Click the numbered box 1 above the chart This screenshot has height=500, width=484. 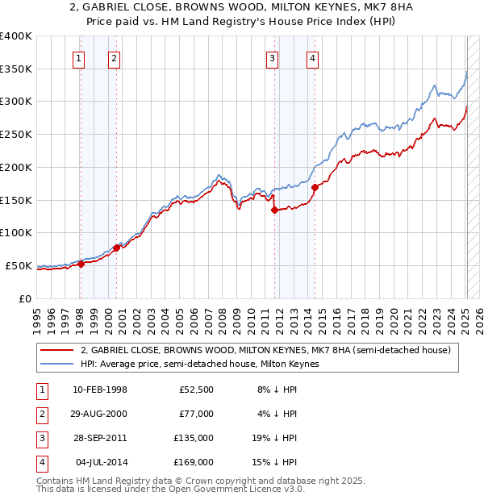tap(79, 57)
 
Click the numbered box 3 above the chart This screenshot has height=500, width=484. tap(273, 57)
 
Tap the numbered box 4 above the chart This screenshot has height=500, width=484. tap(311, 57)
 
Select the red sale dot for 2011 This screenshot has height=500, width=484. tap(274, 210)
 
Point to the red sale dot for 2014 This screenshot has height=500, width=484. tap(314, 187)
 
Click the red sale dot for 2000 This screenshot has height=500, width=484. tap(116, 248)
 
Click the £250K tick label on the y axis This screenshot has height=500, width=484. tap(16, 135)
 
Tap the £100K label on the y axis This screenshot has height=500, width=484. tap(16, 233)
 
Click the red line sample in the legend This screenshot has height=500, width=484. tap(57, 350)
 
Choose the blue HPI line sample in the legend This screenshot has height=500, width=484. tap(57, 365)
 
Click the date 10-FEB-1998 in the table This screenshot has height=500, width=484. tap(99, 390)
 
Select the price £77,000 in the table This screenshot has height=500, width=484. tap(196, 414)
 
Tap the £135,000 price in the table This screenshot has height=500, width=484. tap(194, 438)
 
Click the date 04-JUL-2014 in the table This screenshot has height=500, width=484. tap(101, 462)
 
